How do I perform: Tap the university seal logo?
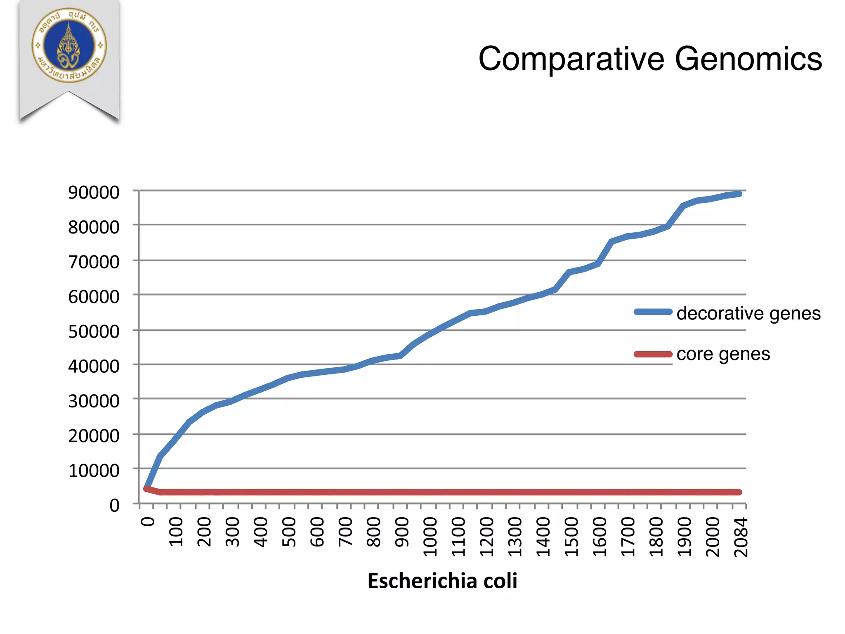point(69,45)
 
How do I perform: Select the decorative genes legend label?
point(748,313)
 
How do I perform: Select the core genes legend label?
point(723,354)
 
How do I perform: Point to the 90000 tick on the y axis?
point(94,192)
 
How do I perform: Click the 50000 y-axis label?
point(94,331)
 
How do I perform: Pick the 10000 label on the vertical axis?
point(94,471)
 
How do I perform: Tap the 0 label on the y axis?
point(114,505)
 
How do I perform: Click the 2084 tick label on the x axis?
point(741,537)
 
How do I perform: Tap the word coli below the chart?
point(500,581)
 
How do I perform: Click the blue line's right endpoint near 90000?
point(739,194)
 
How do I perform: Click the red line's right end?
point(739,492)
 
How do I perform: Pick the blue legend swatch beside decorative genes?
point(653,312)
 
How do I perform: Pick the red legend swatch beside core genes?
point(653,354)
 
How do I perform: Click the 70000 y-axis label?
point(94,262)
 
